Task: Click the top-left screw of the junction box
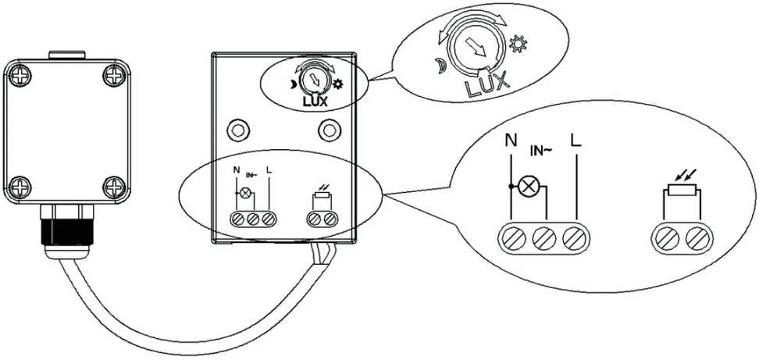click(x=20, y=76)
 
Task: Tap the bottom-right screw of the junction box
click(x=114, y=187)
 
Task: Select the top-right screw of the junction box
click(x=114, y=76)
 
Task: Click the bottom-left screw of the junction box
click(x=20, y=187)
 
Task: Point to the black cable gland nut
click(x=68, y=232)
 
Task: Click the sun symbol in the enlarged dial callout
click(x=518, y=45)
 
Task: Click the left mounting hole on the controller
click(x=237, y=130)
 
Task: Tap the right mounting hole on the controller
click(x=330, y=130)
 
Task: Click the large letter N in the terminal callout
click(x=510, y=141)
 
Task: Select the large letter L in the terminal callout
click(x=576, y=141)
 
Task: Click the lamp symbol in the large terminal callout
click(x=526, y=186)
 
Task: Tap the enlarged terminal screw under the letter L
click(x=576, y=238)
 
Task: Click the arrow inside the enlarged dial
click(x=476, y=48)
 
